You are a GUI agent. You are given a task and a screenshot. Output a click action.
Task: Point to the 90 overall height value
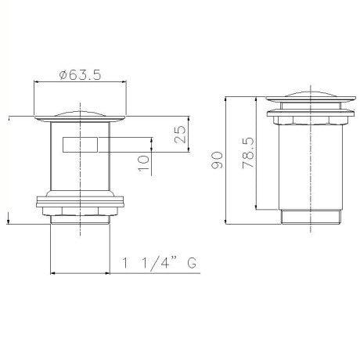[x=217, y=160]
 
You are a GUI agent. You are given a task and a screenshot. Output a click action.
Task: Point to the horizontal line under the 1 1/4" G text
[x=125, y=273]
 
